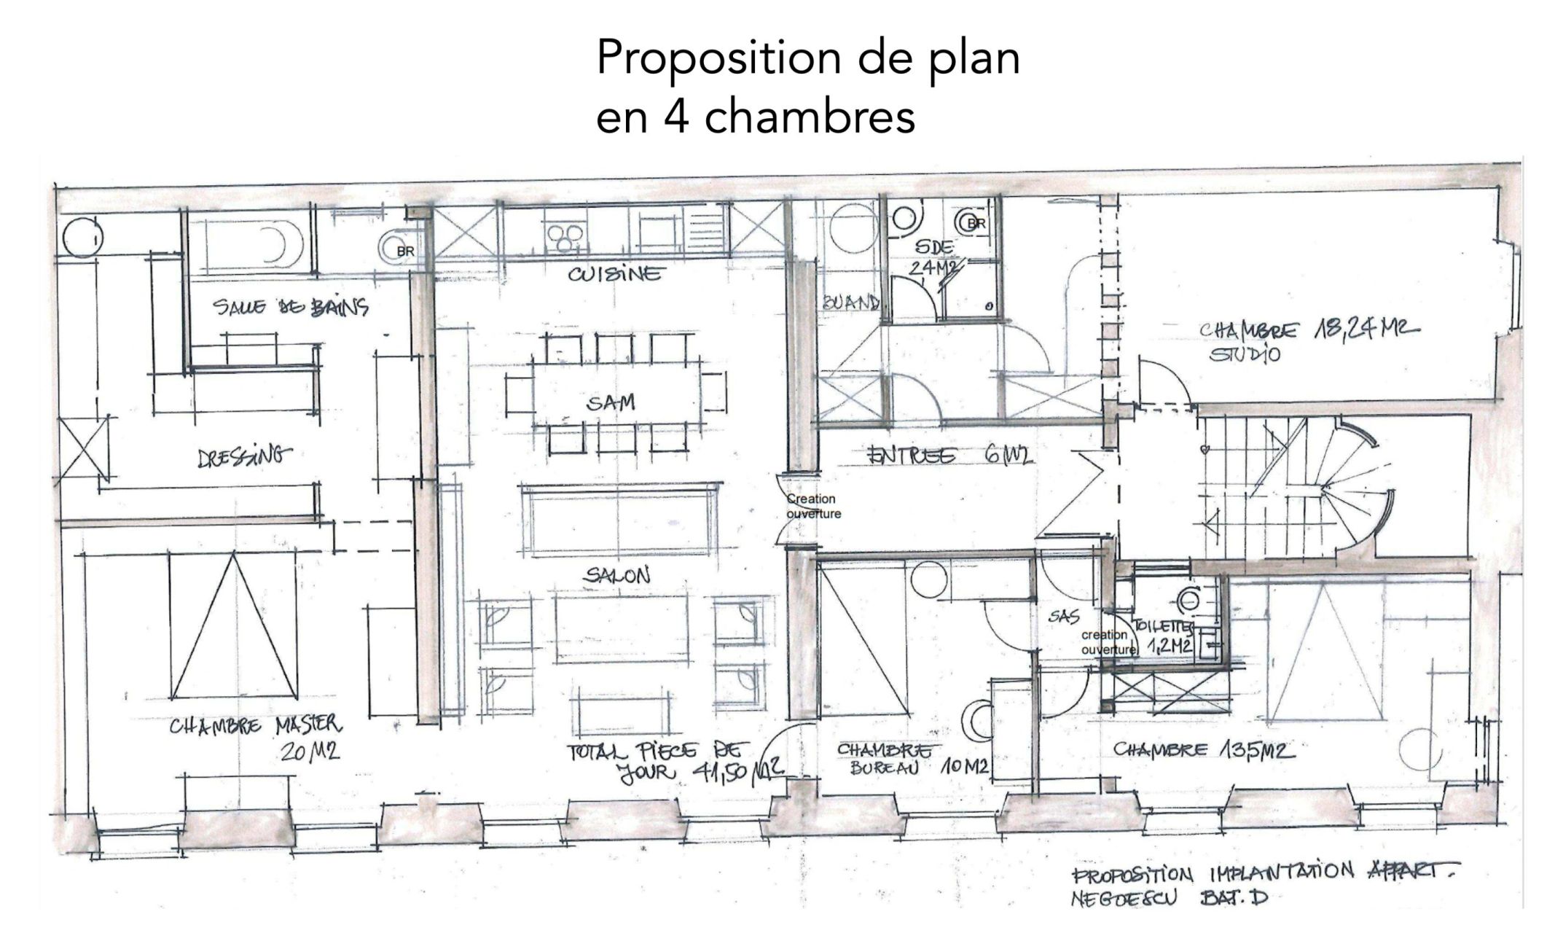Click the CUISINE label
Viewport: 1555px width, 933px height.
pyautogui.click(x=616, y=274)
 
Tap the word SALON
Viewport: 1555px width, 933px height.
pyautogui.click(x=616, y=576)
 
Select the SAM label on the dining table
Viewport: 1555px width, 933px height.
pyautogui.click(x=611, y=402)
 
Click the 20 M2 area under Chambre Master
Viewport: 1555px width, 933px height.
pyautogui.click(x=310, y=753)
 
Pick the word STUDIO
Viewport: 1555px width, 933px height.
pyautogui.click(x=1245, y=356)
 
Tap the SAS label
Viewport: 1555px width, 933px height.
pyautogui.click(x=1063, y=617)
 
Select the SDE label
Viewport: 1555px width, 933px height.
pyautogui.click(x=933, y=247)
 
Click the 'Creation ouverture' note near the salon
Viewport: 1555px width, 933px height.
pyautogui.click(x=813, y=507)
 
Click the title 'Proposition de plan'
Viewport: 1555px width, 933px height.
pyautogui.click(x=807, y=58)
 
